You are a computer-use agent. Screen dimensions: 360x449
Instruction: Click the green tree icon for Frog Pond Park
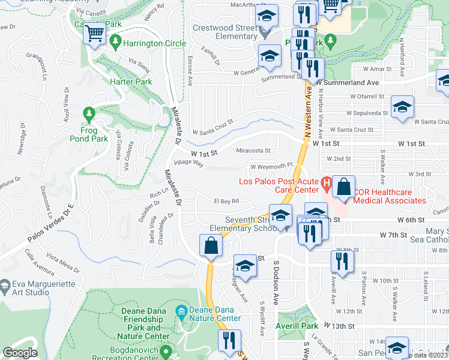click(x=89, y=113)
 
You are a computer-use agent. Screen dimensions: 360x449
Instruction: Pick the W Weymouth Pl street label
click(x=271, y=166)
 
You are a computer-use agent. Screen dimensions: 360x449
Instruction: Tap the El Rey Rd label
click(x=226, y=201)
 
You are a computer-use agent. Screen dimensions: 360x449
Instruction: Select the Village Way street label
click(x=188, y=163)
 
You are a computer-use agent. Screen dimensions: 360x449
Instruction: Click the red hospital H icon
click(x=327, y=182)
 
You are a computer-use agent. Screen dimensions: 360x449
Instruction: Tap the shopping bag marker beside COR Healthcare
click(x=344, y=187)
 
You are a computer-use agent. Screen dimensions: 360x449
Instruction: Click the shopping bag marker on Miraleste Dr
click(x=210, y=246)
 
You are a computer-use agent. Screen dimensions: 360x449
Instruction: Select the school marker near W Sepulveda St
click(x=402, y=108)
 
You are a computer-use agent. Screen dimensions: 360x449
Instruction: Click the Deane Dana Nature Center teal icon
click(x=181, y=311)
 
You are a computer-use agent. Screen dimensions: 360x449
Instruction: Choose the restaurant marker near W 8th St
click(x=342, y=261)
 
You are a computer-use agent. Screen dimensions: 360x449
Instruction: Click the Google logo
click(x=20, y=353)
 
